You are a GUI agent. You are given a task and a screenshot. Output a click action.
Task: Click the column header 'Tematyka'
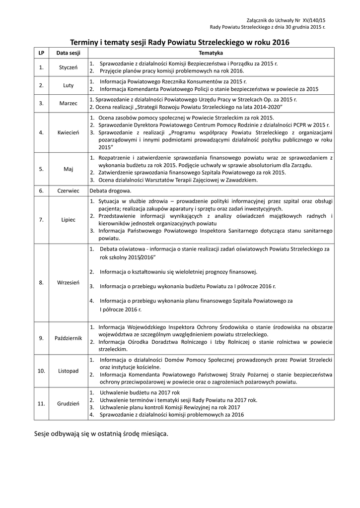[x=211, y=53]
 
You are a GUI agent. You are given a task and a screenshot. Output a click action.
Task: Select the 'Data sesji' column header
[x=68, y=53]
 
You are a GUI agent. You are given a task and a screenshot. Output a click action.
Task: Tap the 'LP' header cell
[x=41, y=53]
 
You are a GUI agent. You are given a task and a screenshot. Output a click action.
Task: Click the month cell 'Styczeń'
[x=68, y=67]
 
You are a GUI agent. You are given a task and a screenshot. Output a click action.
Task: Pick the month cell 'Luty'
[x=68, y=85]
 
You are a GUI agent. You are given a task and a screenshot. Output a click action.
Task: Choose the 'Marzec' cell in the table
[x=68, y=103]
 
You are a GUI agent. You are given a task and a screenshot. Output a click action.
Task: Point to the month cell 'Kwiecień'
[x=68, y=132]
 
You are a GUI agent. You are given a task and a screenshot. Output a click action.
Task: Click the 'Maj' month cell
[x=68, y=169]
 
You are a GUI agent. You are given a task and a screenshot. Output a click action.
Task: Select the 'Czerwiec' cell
[x=68, y=190]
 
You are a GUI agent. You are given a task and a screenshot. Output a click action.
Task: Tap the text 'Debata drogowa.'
[x=110, y=190]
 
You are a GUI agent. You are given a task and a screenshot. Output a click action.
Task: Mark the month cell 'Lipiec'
[x=68, y=219]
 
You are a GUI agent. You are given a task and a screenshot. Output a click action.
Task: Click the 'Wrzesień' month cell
[x=68, y=282]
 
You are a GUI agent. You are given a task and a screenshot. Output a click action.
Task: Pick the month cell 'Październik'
[x=68, y=338]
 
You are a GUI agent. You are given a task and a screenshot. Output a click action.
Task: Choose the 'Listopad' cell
[x=68, y=371]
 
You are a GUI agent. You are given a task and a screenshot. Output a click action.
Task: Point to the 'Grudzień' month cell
[x=68, y=404]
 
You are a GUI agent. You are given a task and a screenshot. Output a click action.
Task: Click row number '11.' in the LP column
[x=41, y=404]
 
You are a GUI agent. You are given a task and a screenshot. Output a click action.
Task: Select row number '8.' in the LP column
[x=41, y=282]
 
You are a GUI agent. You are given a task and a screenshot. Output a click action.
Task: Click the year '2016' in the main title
[x=281, y=42]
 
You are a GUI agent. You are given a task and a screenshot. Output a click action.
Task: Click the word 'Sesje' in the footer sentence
[x=43, y=434]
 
